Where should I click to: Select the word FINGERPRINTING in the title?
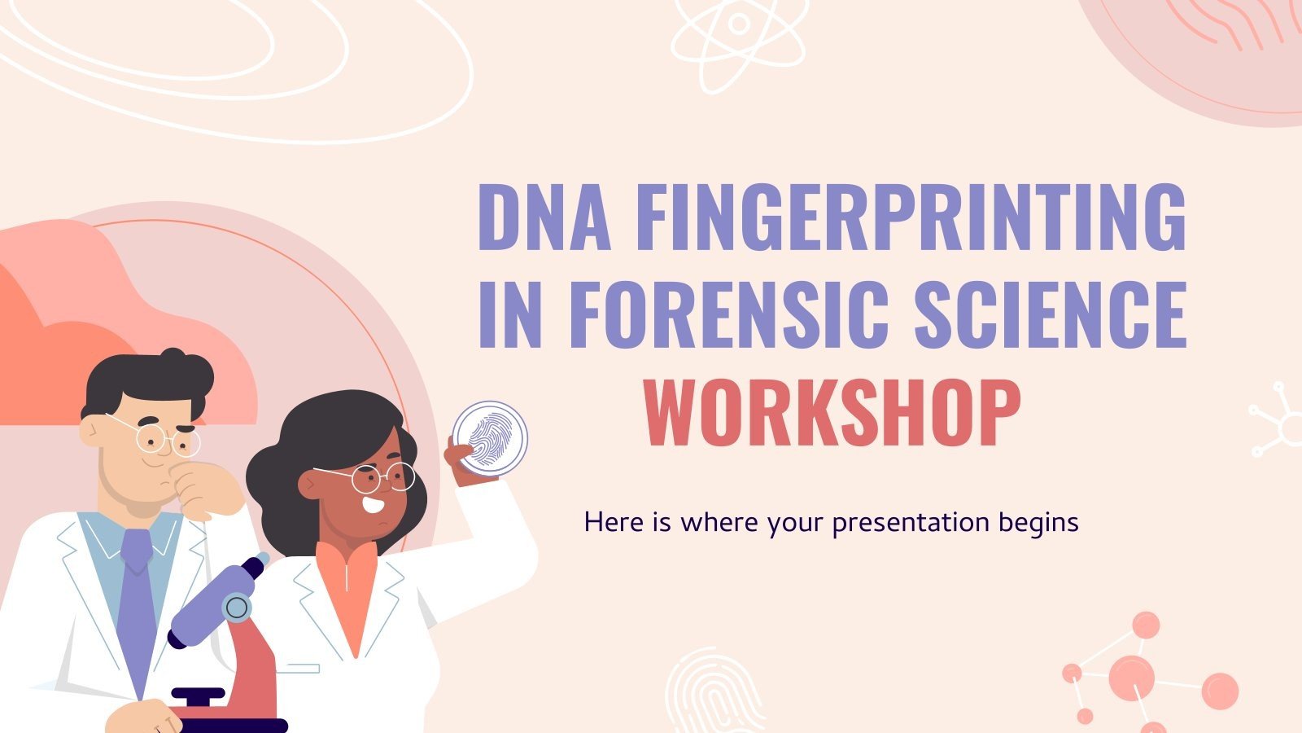pos(910,217)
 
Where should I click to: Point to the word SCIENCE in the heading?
pos(1050,314)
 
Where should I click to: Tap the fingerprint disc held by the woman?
pos(490,437)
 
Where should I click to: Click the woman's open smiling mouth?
pos(374,504)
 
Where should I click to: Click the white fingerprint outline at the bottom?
pos(714,692)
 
